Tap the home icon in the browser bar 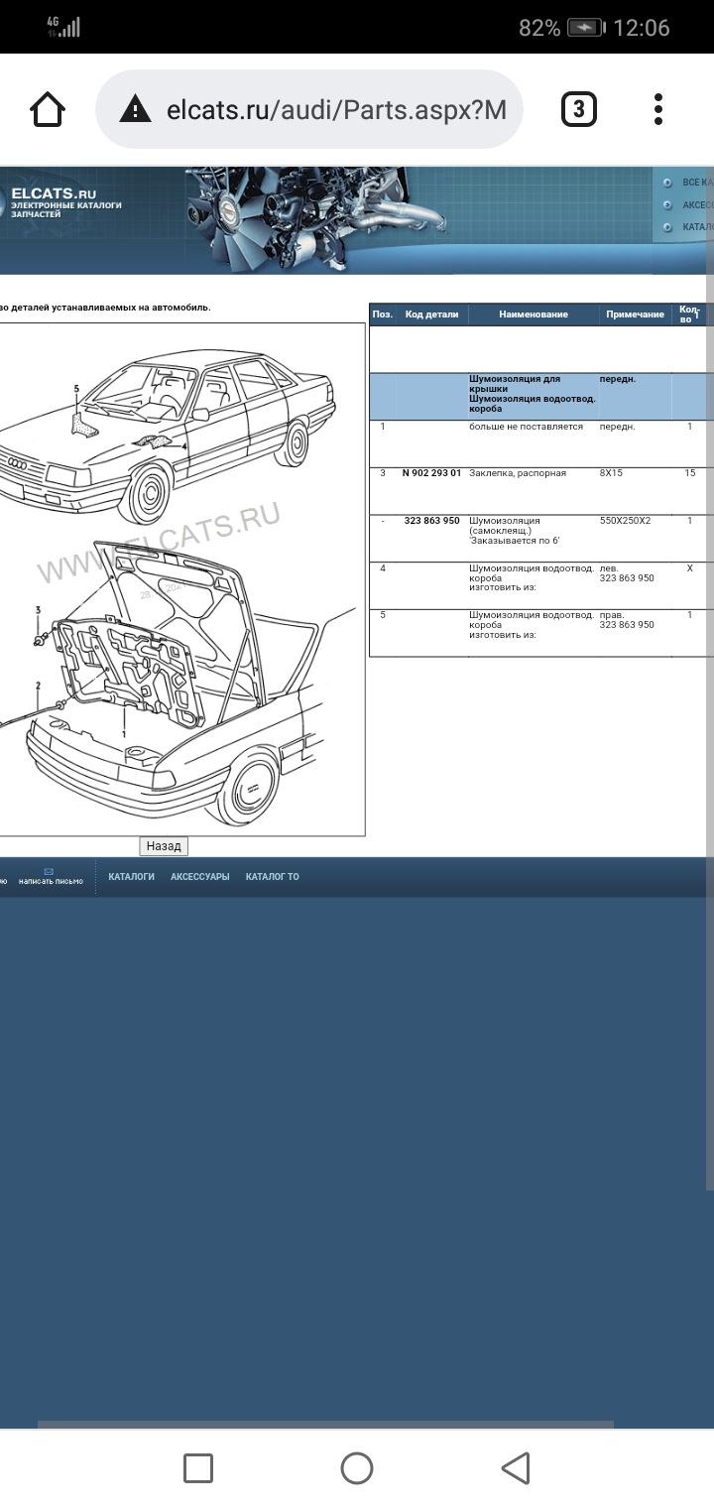pyautogui.click(x=48, y=109)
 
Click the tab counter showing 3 pyautogui.click(x=579, y=109)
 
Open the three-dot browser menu pyautogui.click(x=658, y=109)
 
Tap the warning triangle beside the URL pyautogui.click(x=135, y=109)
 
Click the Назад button pyautogui.click(x=164, y=846)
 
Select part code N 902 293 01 pyautogui.click(x=431, y=473)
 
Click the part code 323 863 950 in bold pyautogui.click(x=431, y=520)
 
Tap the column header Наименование pyautogui.click(x=534, y=314)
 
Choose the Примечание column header pyautogui.click(x=635, y=314)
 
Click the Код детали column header pyautogui.click(x=431, y=314)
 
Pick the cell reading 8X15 pyautogui.click(x=611, y=473)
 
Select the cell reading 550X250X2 pyautogui.click(x=625, y=520)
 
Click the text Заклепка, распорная pyautogui.click(x=518, y=473)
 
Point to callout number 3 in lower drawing pyautogui.click(x=38, y=609)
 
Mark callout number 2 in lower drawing pyautogui.click(x=38, y=686)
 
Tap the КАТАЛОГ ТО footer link pyautogui.click(x=272, y=877)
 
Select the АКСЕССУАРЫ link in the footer pyautogui.click(x=199, y=877)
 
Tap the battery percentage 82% pyautogui.click(x=539, y=28)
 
